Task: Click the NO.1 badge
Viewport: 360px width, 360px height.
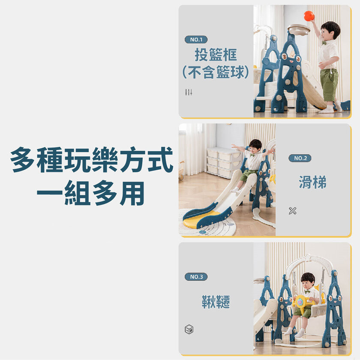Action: point(196,39)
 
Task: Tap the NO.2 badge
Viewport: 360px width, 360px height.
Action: point(300,158)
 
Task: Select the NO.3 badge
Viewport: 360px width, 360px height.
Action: point(196,277)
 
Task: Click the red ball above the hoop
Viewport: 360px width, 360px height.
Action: point(309,16)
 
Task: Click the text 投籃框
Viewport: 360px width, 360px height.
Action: point(216,55)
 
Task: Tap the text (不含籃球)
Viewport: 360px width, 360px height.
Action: point(216,72)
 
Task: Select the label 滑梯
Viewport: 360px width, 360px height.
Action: point(312,182)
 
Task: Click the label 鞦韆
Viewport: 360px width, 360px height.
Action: point(216,301)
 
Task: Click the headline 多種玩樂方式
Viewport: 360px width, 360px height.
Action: point(92,159)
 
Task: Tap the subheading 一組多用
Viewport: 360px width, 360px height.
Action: point(91,193)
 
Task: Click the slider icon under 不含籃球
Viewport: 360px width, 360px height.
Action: point(189,92)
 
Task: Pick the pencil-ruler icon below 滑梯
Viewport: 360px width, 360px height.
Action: point(292,211)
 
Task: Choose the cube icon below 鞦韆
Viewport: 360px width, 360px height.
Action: point(189,329)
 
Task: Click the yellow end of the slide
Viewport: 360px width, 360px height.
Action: point(198,220)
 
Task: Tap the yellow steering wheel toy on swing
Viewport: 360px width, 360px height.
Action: point(301,302)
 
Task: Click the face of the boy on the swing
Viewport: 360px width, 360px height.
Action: point(307,284)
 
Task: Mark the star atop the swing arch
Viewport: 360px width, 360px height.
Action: point(308,257)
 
